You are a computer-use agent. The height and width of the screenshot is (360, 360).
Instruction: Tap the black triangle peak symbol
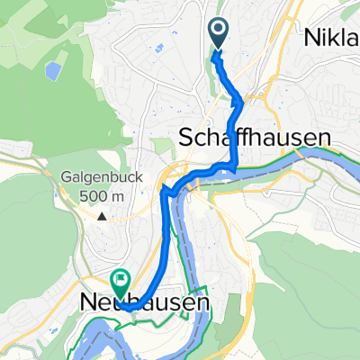click(x=103, y=216)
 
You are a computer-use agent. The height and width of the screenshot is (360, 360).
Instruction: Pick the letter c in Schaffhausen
click(x=200, y=139)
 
